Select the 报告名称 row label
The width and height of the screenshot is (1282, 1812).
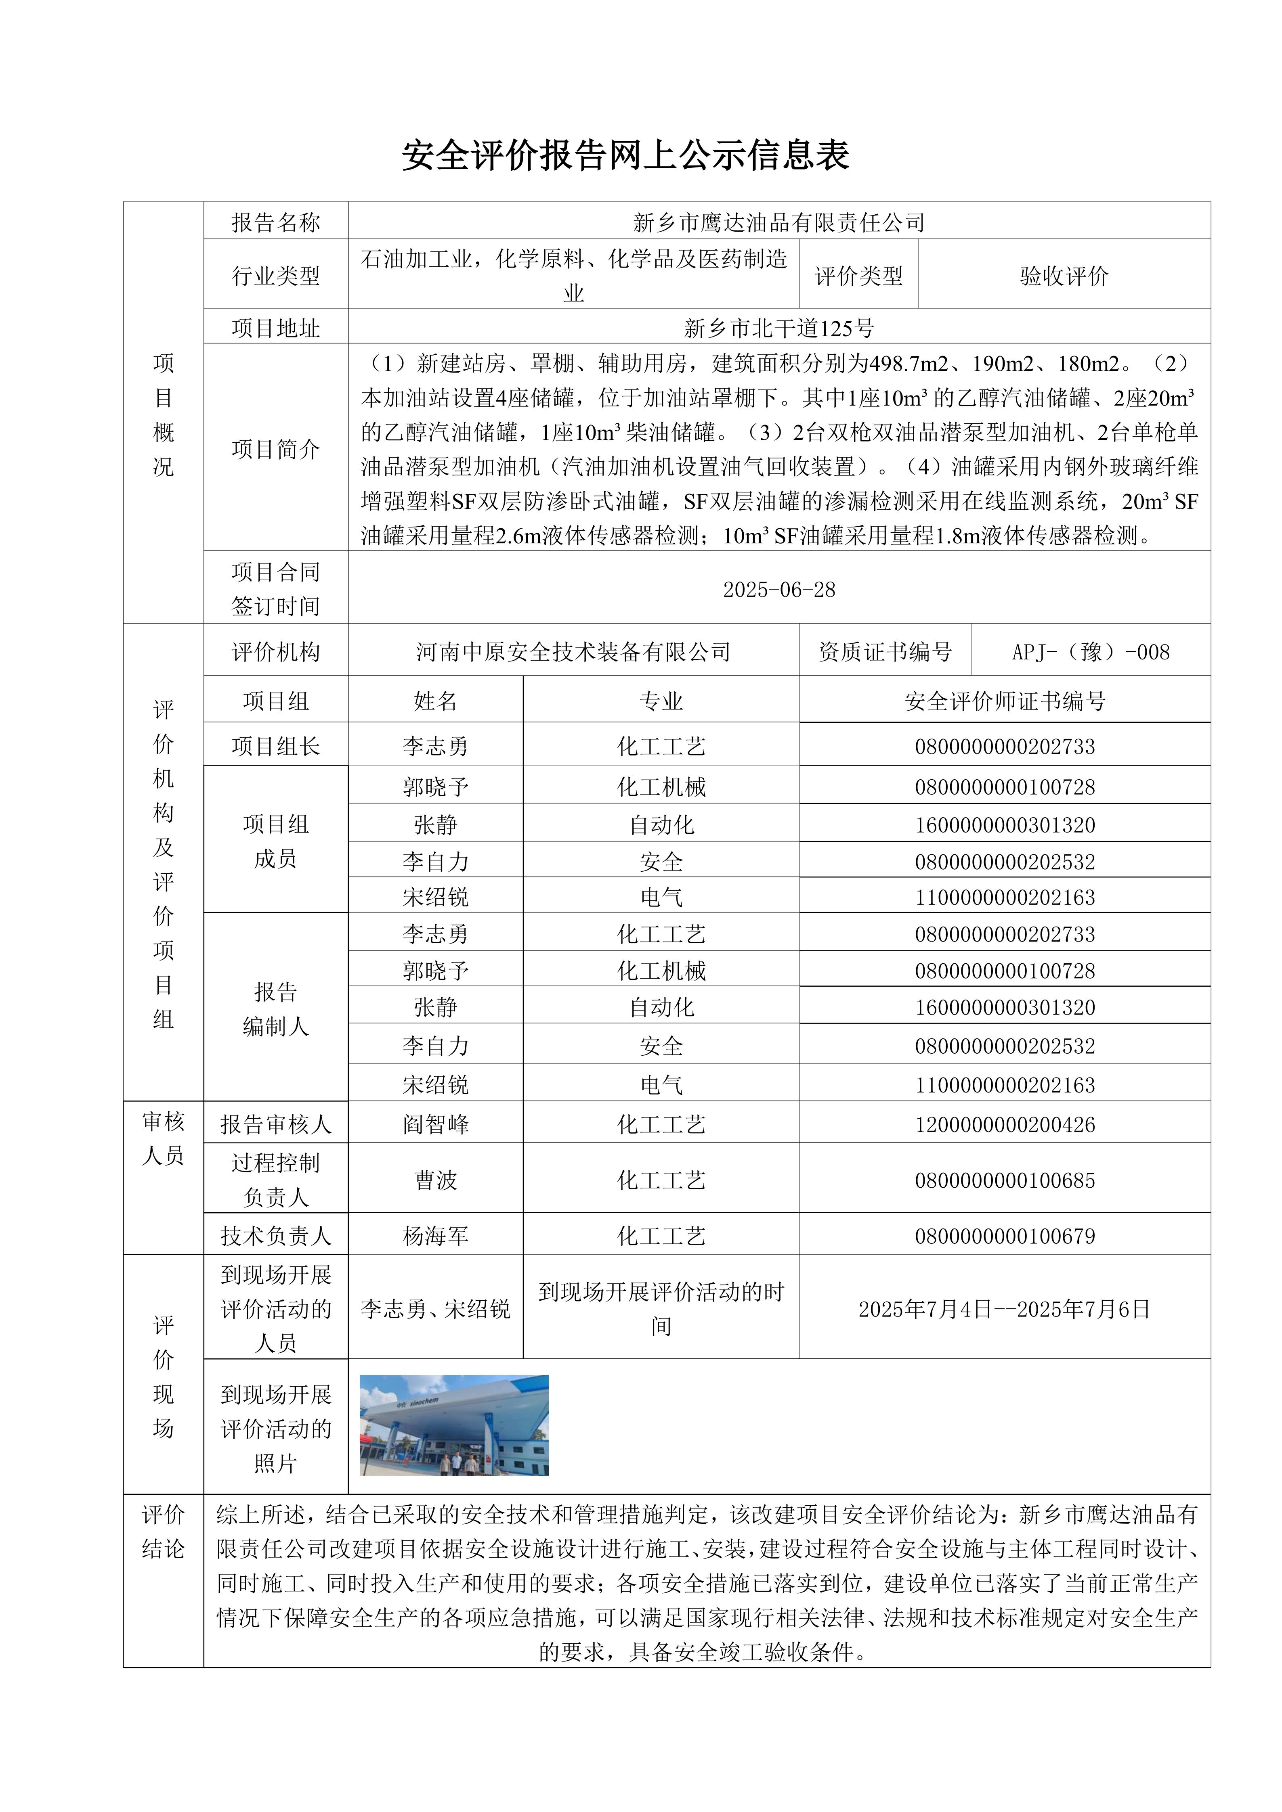(275, 222)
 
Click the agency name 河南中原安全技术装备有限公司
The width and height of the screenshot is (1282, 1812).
(573, 652)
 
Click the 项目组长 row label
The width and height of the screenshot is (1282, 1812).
(275, 746)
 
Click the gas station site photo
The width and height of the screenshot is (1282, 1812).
(454, 1425)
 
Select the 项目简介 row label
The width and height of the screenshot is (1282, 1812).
(275, 449)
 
